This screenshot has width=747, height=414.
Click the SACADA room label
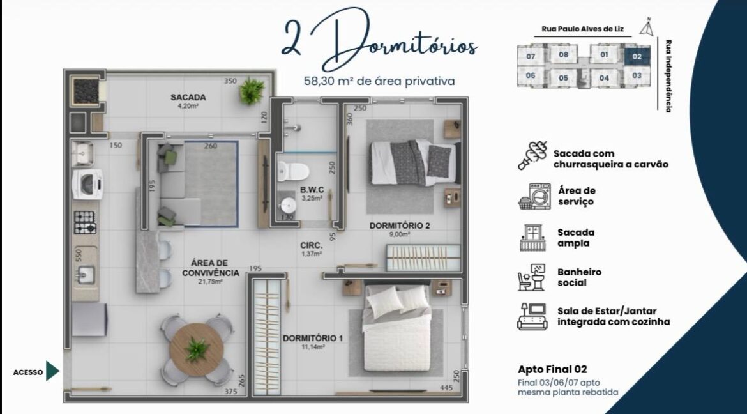pos(188,97)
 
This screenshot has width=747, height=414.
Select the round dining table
pos(197,349)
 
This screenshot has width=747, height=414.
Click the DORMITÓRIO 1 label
pos(312,338)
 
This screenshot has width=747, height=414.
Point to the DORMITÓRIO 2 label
pos(400,226)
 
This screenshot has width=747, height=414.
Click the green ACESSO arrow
pos(52,372)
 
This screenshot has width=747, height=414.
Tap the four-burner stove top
pos(85,222)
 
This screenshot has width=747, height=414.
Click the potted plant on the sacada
pos(252,91)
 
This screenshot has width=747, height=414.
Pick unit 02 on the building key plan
pos(637,56)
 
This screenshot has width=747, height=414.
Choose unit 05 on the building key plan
pos(564,78)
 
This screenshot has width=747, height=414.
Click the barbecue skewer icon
pos(532,155)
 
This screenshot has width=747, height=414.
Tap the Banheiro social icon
pos(531,277)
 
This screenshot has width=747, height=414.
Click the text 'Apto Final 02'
pos(552,369)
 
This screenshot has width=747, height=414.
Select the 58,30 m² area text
pos(379,81)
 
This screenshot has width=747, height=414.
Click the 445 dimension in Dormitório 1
pos(446,388)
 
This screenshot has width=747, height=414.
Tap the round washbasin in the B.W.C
pos(288,205)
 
